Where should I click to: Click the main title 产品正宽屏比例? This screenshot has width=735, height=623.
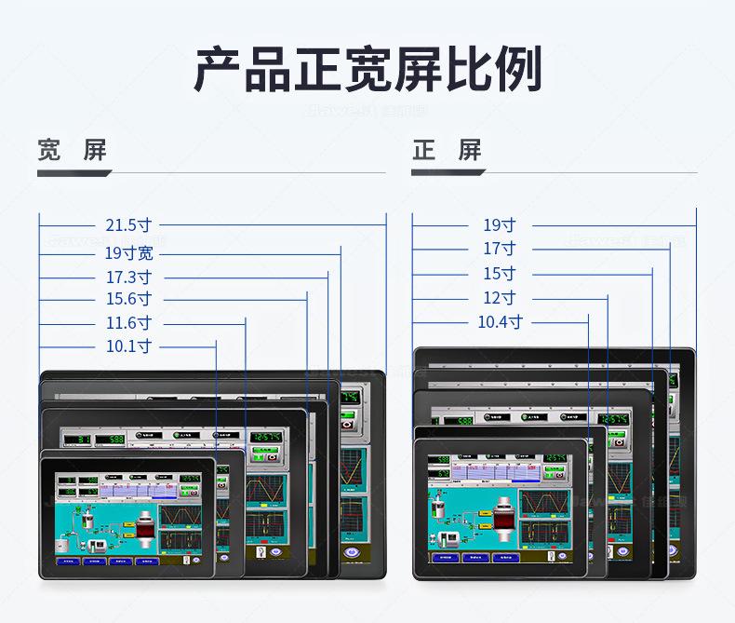367,70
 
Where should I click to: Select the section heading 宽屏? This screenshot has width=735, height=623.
72,150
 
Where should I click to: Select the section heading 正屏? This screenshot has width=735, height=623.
447,150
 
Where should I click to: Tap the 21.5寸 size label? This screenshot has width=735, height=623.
128,224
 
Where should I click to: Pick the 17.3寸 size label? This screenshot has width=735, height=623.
128,277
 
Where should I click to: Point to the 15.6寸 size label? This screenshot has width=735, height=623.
128,299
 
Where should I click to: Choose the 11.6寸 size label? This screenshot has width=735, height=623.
128,323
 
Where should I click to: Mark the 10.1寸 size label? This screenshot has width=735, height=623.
128,346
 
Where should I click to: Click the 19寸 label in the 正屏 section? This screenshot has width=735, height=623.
499,224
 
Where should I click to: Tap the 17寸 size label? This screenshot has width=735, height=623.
499,249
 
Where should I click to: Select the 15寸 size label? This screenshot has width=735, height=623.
499,274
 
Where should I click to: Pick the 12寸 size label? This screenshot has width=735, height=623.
499,298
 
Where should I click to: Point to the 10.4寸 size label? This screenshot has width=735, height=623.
500,322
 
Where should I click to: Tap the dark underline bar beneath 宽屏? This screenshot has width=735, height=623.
74,172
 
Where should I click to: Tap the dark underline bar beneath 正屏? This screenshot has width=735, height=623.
448,172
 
